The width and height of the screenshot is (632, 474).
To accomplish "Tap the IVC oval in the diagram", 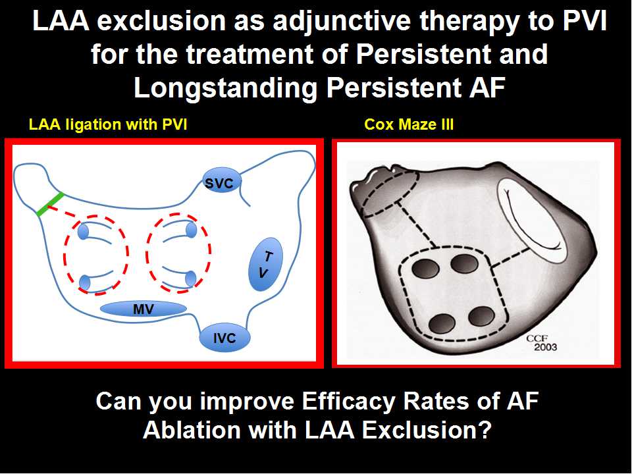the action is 224,337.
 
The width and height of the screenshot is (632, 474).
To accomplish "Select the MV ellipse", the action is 143,309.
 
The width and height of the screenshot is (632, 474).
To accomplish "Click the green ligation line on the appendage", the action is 51,204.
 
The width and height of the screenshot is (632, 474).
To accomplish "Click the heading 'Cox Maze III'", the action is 409,124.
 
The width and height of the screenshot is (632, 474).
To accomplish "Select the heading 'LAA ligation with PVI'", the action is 108,124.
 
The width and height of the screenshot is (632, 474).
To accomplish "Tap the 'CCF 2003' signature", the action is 541,342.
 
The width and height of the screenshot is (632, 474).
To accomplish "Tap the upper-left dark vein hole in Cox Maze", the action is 426,269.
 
